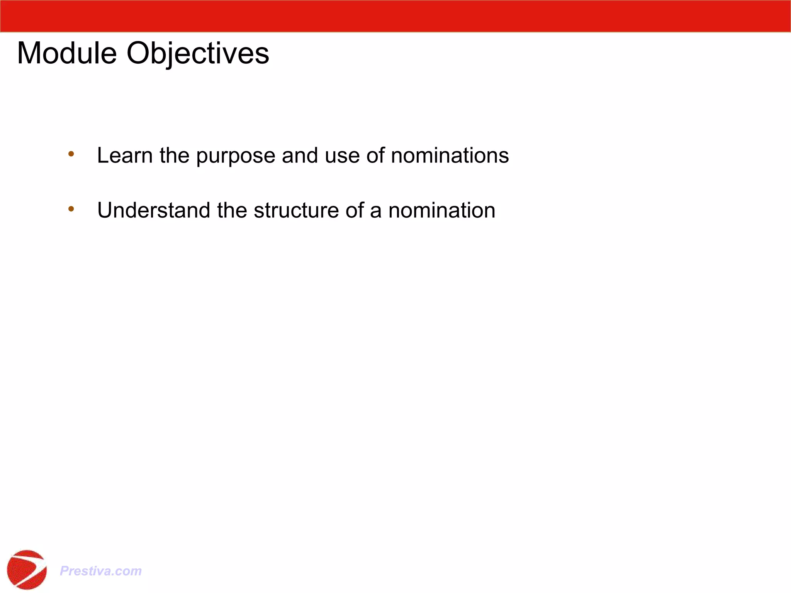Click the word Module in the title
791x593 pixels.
click(x=67, y=53)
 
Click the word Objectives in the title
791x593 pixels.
click(x=198, y=53)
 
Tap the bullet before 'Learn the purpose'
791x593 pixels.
click(x=71, y=154)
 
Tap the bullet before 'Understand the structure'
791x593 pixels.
click(x=71, y=209)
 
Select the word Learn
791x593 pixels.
click(x=125, y=155)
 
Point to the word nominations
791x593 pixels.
click(x=450, y=155)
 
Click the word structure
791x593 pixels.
click(x=296, y=210)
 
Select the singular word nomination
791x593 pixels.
click(x=441, y=210)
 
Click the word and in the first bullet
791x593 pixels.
click(x=300, y=155)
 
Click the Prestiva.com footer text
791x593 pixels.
click(x=101, y=571)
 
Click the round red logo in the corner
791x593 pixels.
click(x=27, y=569)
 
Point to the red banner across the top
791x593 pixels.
click(x=395, y=16)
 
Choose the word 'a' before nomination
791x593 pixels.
click(x=376, y=211)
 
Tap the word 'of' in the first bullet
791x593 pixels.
click(x=375, y=155)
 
